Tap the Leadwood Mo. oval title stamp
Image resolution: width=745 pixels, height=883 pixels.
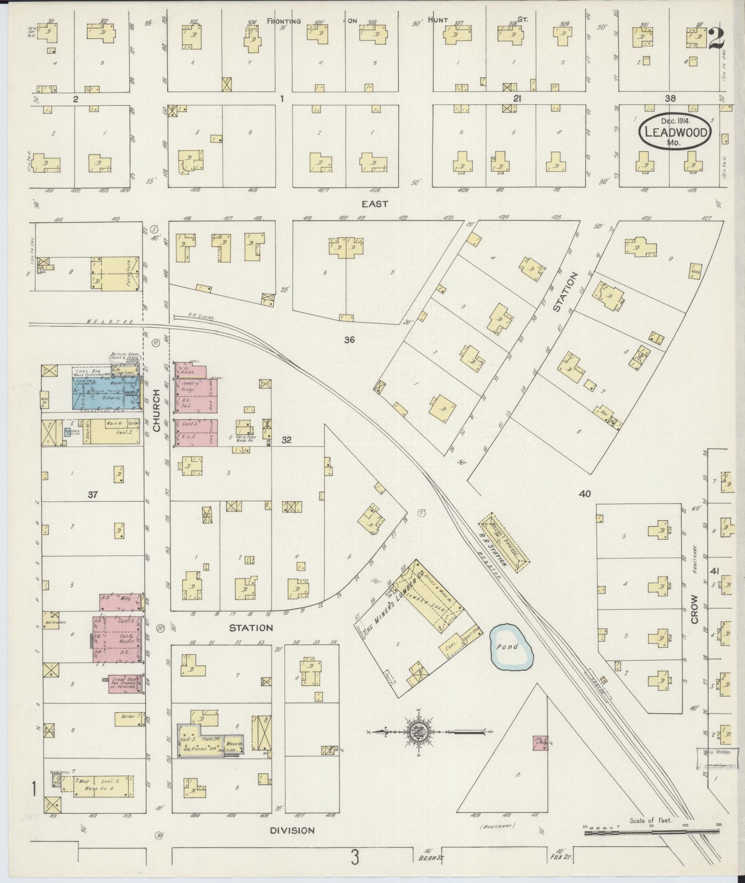pos(675,132)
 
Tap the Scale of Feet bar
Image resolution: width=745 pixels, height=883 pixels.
pos(651,832)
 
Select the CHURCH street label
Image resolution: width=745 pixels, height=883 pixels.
pos(156,411)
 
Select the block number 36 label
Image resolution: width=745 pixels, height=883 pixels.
pos(349,340)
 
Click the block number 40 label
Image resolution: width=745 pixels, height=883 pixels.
pos(585,494)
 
